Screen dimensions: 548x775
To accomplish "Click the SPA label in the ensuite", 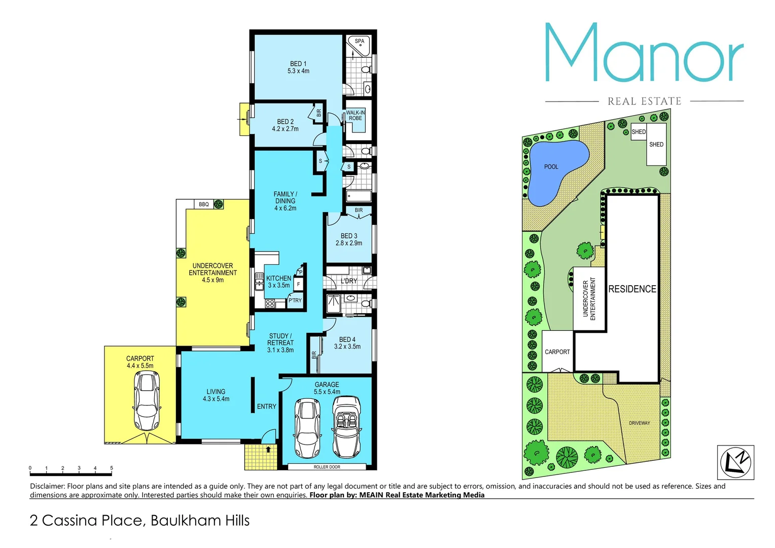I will (x=359, y=41).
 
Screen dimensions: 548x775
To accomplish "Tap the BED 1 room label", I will (x=298, y=64).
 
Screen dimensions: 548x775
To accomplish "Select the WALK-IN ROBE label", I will (x=356, y=115).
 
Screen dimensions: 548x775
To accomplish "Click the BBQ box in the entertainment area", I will (x=204, y=204).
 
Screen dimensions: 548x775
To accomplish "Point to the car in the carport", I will (x=147, y=400).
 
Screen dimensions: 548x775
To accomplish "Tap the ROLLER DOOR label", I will (x=327, y=467).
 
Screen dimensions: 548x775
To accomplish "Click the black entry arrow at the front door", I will (x=268, y=449).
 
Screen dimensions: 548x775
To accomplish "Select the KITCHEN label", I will (x=278, y=278).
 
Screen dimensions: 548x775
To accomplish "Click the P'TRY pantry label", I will (x=295, y=300).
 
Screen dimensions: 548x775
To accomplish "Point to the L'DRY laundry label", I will (x=349, y=281).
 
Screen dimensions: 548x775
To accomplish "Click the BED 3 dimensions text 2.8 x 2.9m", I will (x=349, y=243).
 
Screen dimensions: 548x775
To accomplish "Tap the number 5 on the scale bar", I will (x=112, y=468).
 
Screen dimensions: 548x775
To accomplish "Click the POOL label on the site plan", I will (x=551, y=166).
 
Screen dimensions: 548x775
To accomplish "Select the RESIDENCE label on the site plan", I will (x=632, y=289).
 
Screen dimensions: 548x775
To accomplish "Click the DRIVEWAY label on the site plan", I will (x=639, y=423).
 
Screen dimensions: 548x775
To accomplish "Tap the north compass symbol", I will (x=735, y=462).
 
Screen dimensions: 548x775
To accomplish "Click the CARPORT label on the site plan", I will (x=557, y=352).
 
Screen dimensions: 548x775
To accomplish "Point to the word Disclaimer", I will (x=47, y=486).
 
